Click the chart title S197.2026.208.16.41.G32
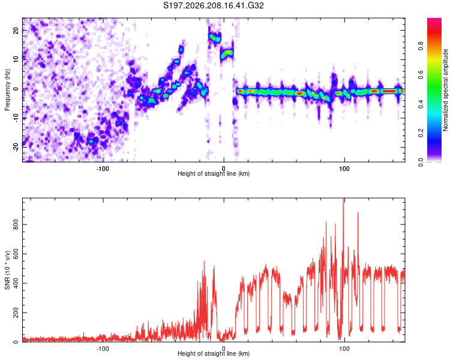(x=213, y=5)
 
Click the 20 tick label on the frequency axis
(x=16, y=30)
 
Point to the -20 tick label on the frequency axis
(x=16, y=147)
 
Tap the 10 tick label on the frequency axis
(x=16, y=59)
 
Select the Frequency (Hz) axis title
(x=7, y=89)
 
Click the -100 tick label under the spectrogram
(x=103, y=169)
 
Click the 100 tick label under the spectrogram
(x=344, y=169)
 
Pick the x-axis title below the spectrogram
(x=214, y=173)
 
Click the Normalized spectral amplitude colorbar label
(x=445, y=90)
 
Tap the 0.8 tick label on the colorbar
(x=421, y=46)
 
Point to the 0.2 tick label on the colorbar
(x=421, y=133)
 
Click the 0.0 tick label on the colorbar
(x=421, y=162)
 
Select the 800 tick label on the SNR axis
(x=16, y=224)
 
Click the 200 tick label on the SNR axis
(x=16, y=313)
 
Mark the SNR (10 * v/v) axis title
(x=7, y=270)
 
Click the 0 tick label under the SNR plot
(x=224, y=349)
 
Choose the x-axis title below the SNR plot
(x=214, y=353)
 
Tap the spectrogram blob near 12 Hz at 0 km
(x=227, y=53)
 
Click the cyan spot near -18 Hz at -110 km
(x=91, y=141)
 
